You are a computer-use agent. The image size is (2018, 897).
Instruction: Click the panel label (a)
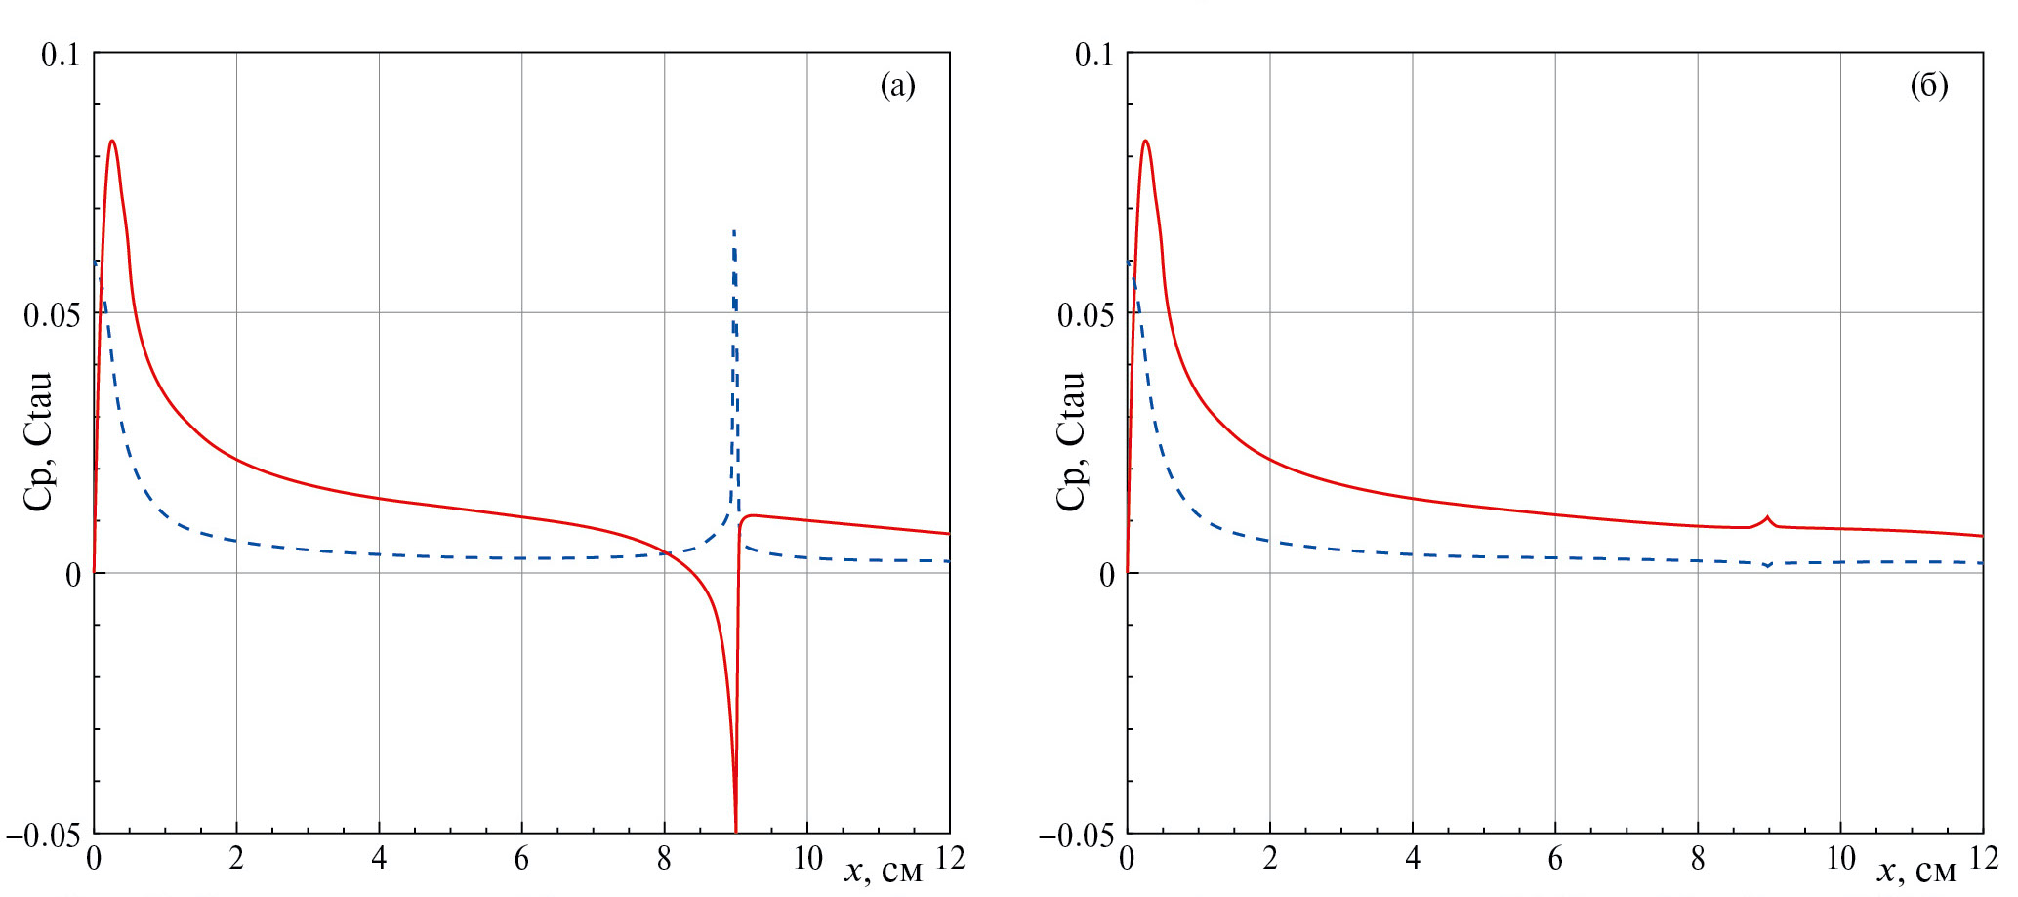[x=897, y=86]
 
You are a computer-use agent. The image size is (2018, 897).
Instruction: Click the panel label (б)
[x=1928, y=86]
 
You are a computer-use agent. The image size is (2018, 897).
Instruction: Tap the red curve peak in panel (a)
[x=112, y=142]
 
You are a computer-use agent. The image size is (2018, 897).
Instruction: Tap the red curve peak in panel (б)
[x=1145, y=142]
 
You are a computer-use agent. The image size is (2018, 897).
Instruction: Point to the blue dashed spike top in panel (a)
[x=734, y=232]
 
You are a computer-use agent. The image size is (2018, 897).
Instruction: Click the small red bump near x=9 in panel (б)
[x=1767, y=517]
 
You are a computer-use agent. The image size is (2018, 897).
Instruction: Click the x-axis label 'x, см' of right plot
[x=1915, y=870]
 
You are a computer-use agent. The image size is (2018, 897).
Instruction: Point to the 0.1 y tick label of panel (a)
[x=60, y=55]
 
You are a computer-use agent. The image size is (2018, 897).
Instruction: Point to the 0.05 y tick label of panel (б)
[x=1085, y=315]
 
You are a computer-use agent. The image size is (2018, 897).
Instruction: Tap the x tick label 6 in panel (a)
[x=521, y=859]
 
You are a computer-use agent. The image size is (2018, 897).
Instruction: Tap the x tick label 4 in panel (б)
[x=1412, y=859]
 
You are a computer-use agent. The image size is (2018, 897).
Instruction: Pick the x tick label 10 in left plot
[x=807, y=859]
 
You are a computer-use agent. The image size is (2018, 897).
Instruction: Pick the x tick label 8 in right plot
[x=1698, y=859]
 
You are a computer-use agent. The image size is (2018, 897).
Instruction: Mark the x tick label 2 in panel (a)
[x=236, y=859]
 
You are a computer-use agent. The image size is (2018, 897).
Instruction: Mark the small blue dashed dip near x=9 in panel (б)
[x=1767, y=565]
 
